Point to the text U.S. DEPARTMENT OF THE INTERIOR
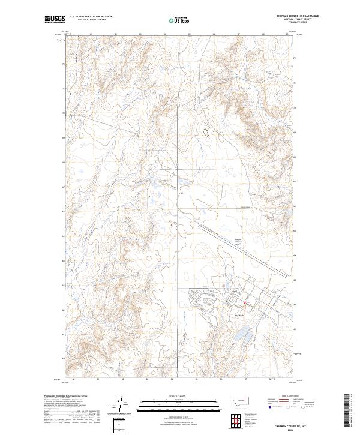coord(91,17)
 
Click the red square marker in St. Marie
coord(245,302)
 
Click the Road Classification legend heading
coord(290,397)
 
